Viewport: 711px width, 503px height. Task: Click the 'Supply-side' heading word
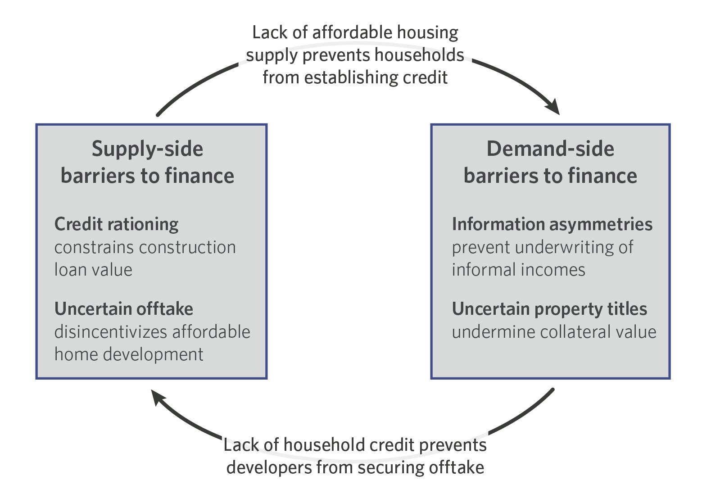pos(147,149)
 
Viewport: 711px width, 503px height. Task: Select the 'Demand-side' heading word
pos(550,149)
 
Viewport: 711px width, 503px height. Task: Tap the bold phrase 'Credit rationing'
pos(116,225)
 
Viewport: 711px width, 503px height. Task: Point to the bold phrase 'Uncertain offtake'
pos(124,309)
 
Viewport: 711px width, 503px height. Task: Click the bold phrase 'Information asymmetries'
pos(552,225)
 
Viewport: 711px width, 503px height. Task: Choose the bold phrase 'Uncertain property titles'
pos(549,309)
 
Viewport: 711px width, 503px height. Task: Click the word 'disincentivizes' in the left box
pos(110,332)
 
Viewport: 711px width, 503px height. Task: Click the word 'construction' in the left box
pos(188,248)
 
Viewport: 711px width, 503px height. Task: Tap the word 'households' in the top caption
pos(419,54)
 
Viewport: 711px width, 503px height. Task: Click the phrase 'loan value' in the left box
pos(93,270)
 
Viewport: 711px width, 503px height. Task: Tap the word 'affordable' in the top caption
pos(352,32)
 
